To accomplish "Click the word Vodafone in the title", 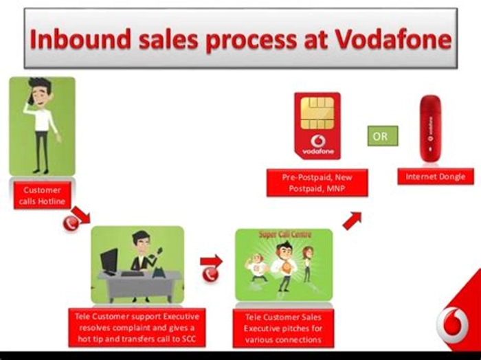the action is pos(394,40).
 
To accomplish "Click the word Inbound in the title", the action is pos(80,40).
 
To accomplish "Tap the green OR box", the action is pos(383,136).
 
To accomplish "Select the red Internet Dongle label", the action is pos(436,177).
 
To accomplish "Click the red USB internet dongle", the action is pos(430,128).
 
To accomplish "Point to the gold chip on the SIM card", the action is pos(317,113).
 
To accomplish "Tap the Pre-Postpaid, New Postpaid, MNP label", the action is pos(317,183).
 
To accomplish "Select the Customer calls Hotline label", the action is pos(42,195).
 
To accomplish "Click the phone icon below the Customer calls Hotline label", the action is pos(71,223).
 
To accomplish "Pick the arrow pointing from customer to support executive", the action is pos(81,215).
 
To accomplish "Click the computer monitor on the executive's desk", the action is pos(109,261).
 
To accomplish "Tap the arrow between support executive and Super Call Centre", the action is pos(212,262).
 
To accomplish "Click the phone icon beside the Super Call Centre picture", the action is pos(210,274).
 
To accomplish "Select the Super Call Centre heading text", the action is pos(285,234).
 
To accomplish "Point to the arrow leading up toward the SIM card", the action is pos(352,221).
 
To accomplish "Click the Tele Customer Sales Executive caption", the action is pos(283,328).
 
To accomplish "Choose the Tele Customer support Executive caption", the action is pos(137,328).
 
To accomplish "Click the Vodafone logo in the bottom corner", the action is pos(453,325).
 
